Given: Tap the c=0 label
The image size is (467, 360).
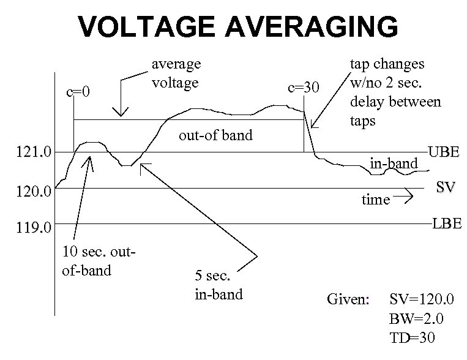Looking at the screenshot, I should click(78, 92).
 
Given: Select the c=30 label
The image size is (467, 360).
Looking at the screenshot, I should click(303, 87).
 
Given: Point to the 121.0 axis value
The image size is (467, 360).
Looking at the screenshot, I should click(35, 152).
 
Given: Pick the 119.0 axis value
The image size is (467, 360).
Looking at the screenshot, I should click(35, 228).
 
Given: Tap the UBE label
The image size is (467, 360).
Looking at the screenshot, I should click(443, 152).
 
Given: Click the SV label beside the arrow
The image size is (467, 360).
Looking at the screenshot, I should click(445, 187).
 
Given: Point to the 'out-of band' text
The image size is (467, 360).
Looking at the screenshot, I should click(215, 135).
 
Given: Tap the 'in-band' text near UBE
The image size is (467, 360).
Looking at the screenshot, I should click(394, 163).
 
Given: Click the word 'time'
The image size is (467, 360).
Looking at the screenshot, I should click(376, 200).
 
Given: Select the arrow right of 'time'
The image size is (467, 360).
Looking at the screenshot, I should click(405, 197).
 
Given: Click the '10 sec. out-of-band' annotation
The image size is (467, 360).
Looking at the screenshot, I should click(98, 260).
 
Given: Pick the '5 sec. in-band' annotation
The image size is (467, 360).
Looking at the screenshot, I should click(219, 285).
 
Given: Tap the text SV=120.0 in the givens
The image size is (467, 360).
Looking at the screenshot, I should click(422, 301).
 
